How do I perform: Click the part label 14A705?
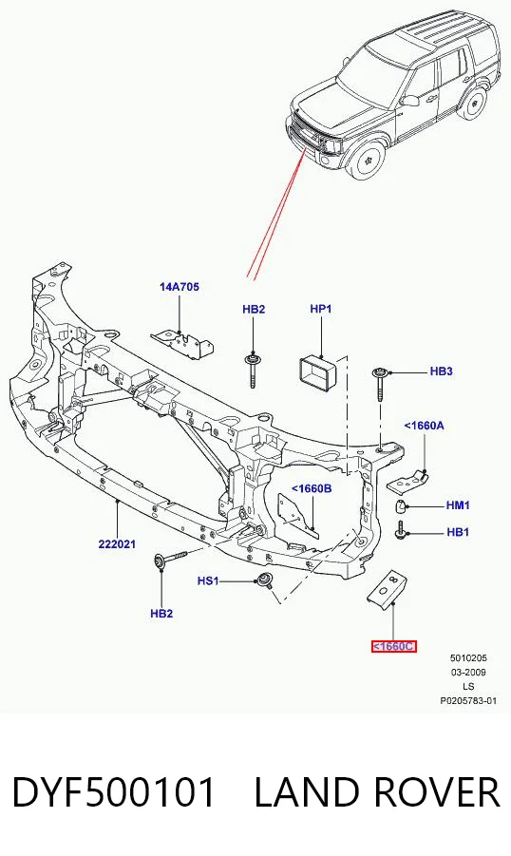(x=180, y=287)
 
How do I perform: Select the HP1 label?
(x=320, y=309)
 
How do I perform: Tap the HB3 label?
(x=441, y=371)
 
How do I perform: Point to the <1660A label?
(x=424, y=426)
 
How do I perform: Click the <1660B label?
(x=312, y=488)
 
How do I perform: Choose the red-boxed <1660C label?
(x=393, y=646)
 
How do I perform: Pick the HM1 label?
(x=458, y=505)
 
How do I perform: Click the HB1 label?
(x=458, y=532)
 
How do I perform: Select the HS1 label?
(x=207, y=580)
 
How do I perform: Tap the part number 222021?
(x=117, y=544)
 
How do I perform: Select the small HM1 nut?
(x=401, y=507)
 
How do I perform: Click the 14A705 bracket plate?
(x=183, y=342)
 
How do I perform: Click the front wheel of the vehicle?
(x=367, y=159)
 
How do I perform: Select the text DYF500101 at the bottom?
(x=114, y=792)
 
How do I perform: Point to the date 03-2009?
(x=468, y=672)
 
